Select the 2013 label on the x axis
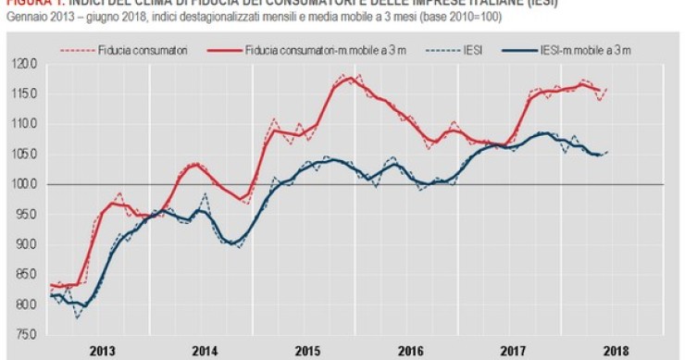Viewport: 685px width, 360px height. pos(103,352)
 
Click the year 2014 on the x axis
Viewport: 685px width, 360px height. pos(205,352)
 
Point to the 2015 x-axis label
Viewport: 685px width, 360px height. pos(308,352)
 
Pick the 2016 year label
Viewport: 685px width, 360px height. pos(410,352)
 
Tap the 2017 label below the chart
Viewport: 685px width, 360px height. pos(512,352)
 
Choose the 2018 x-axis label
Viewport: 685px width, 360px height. pos(615,352)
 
